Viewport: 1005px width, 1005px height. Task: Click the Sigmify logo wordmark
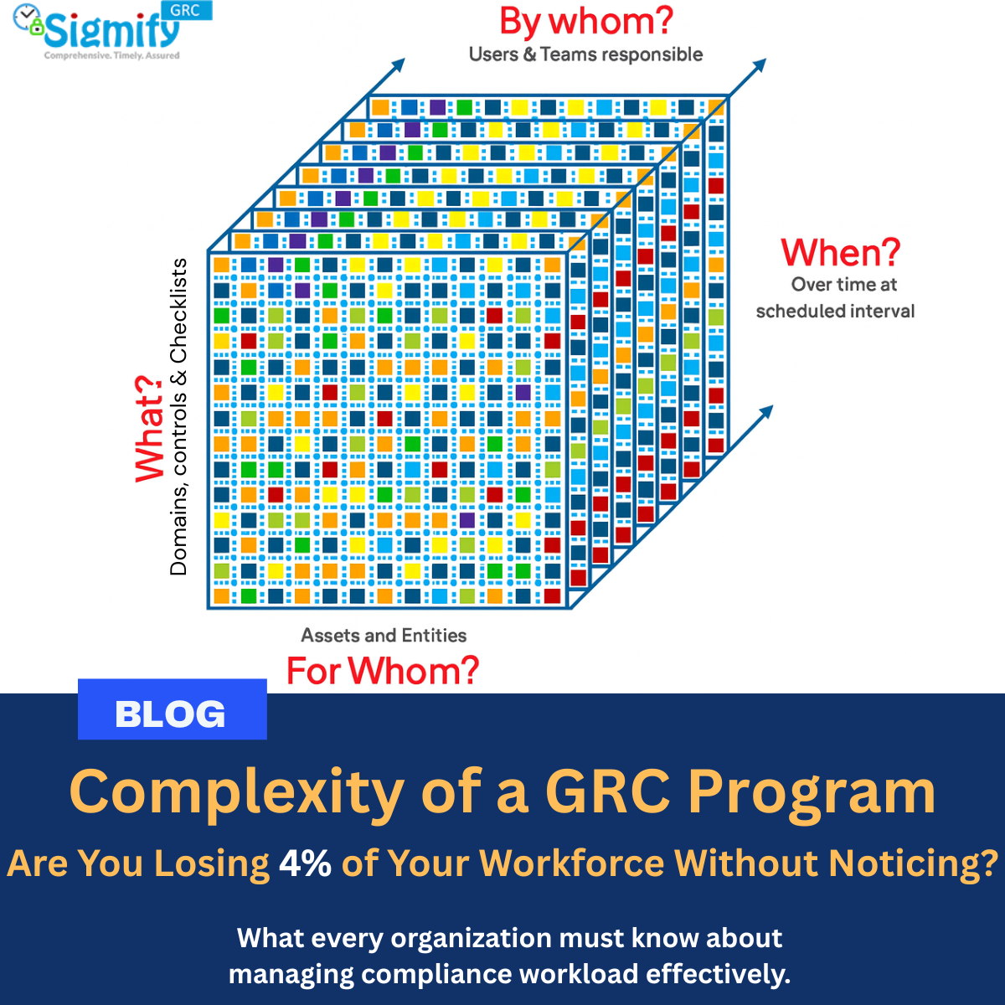tap(111, 31)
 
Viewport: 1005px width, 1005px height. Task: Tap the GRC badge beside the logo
tap(186, 10)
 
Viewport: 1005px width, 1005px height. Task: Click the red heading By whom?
tap(586, 22)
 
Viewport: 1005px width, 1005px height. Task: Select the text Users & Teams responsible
tap(585, 54)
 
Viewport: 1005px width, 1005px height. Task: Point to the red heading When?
tap(840, 252)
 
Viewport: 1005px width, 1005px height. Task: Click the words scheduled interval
tap(835, 312)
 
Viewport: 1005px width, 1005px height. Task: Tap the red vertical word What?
tap(149, 430)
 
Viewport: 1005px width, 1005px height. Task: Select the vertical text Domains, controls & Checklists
tap(178, 417)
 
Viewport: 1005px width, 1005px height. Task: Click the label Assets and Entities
tap(384, 635)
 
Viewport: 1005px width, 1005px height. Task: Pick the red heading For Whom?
tap(383, 671)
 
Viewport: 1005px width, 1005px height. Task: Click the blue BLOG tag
tap(173, 709)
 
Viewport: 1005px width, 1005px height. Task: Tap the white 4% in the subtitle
tap(305, 863)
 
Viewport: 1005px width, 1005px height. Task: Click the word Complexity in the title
tap(237, 792)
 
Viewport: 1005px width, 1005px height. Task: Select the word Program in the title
tap(812, 793)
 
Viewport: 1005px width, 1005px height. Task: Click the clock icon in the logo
tap(26, 17)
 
